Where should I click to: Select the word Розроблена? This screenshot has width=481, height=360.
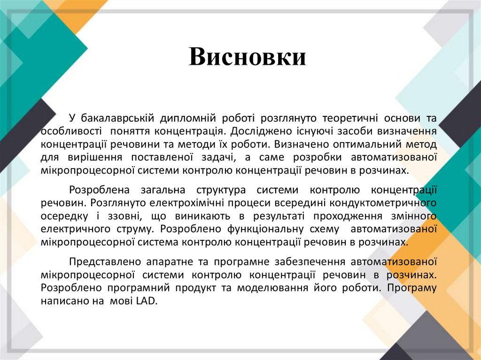tap(96, 190)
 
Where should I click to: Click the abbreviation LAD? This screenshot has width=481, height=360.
tap(145, 301)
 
